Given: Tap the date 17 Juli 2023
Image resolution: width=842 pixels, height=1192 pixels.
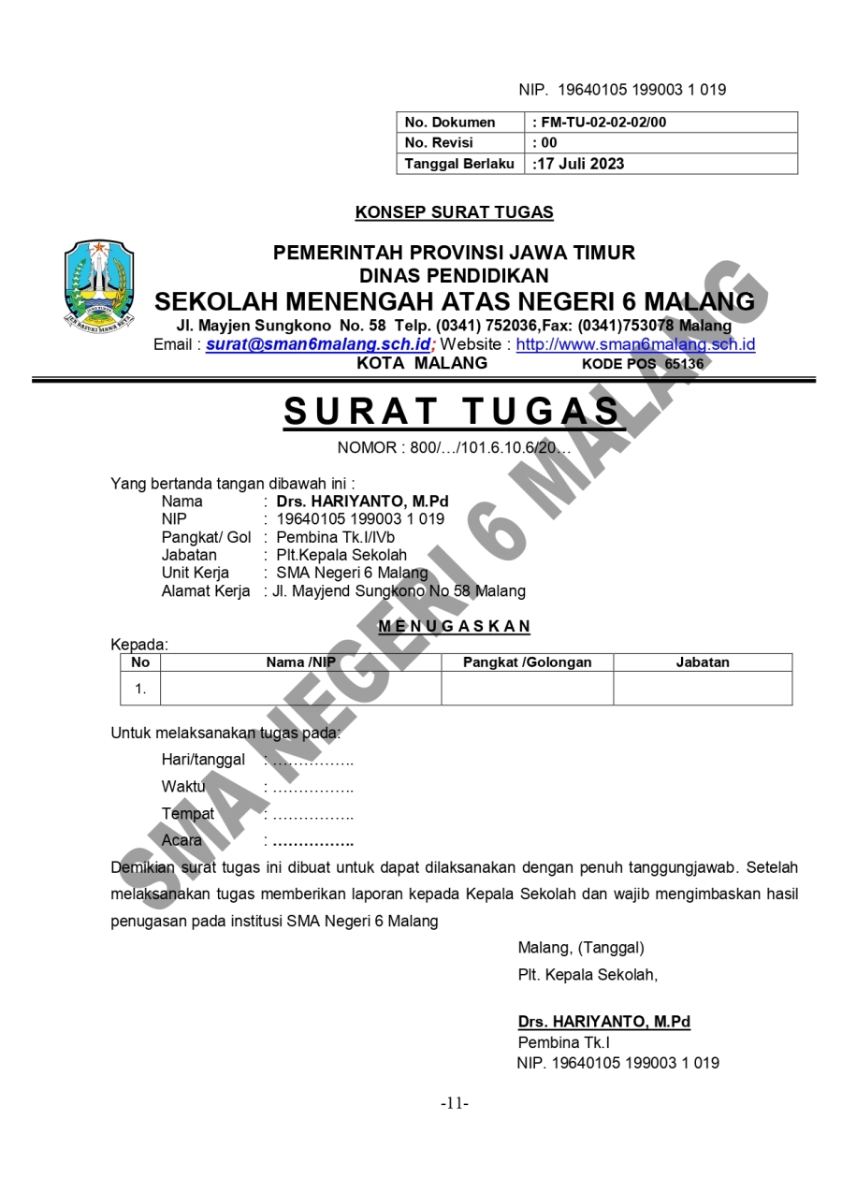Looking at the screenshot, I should point(580,164).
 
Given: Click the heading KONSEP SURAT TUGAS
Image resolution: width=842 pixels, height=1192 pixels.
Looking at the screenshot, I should point(454,212).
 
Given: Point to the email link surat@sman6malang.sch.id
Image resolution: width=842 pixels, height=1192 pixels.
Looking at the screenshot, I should point(318,344).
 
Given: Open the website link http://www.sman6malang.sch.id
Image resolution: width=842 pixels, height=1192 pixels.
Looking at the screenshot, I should point(635,344).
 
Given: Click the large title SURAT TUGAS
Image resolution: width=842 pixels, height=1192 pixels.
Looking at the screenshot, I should point(453,413).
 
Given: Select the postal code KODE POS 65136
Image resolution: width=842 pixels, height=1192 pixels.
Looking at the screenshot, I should point(643,364).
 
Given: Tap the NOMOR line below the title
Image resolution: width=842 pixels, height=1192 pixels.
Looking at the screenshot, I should point(454,447).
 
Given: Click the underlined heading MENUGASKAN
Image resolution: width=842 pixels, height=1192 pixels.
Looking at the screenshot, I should point(454,626).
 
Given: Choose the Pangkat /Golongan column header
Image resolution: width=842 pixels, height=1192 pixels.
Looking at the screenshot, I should point(528,662).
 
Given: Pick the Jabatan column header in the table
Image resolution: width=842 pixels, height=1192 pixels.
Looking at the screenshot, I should point(703,662).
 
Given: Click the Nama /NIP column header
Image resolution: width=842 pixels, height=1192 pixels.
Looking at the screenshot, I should point(300,662).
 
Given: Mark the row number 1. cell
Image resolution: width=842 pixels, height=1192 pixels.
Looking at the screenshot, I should point(140,689).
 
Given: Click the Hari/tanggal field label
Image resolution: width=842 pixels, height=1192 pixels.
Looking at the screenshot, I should point(203,760).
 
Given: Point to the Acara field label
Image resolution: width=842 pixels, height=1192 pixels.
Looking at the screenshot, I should point(181,840).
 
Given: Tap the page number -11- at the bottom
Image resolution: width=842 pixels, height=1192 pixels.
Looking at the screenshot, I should point(455,1103).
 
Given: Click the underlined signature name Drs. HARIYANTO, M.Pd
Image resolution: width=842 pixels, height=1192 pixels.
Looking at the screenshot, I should point(604,1022).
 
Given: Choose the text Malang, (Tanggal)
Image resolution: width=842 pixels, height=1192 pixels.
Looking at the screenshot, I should point(581,948).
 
